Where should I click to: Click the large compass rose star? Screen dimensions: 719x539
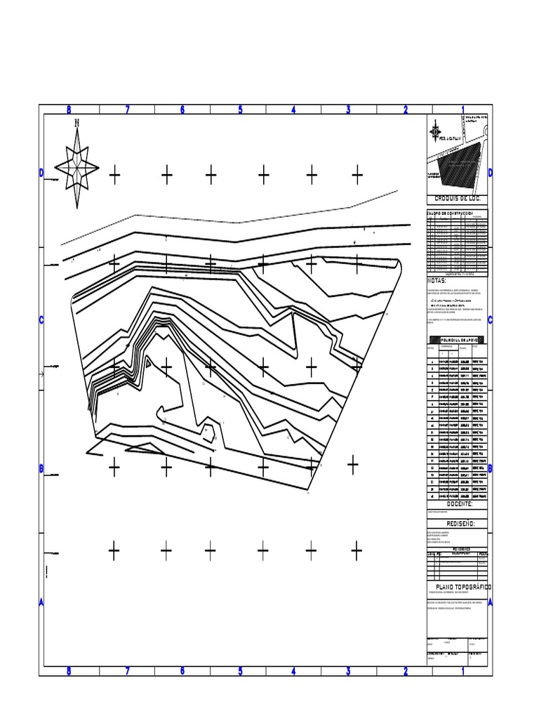click(76, 167)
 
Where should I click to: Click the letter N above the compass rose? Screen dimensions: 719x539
click(77, 123)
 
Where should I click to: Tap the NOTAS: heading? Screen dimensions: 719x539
click(437, 281)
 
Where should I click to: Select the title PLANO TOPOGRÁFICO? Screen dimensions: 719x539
click(463, 586)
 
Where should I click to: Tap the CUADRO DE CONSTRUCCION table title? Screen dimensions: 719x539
click(450, 213)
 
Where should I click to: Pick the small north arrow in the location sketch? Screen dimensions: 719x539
click(435, 131)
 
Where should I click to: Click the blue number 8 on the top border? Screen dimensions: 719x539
click(69, 110)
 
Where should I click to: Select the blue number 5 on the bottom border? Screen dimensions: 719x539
click(240, 671)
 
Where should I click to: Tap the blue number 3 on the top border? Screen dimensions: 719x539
click(348, 110)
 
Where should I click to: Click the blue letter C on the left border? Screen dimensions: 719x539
click(41, 321)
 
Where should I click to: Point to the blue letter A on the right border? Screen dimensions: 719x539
click(490, 602)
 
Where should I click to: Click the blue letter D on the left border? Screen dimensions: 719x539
click(41, 173)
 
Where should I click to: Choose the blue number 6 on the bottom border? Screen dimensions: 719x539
click(182, 671)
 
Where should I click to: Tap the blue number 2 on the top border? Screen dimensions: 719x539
click(406, 110)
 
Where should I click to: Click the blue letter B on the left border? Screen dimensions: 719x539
click(41, 468)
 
